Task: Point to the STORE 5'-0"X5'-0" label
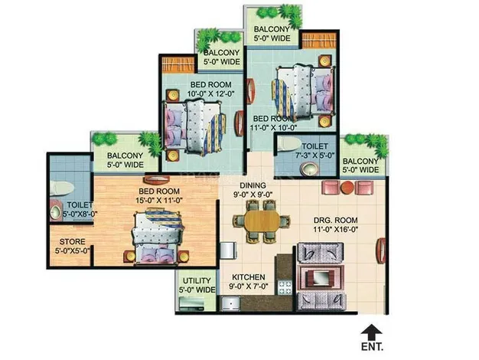coord(71,245)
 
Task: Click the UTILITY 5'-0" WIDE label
coord(195,285)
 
